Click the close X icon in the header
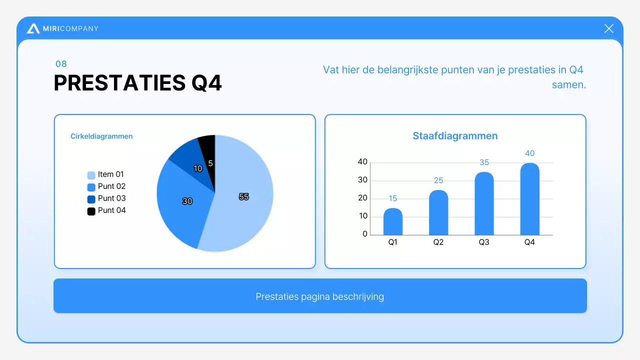(x=608, y=28)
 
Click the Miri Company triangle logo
(x=33, y=29)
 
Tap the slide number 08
(x=61, y=64)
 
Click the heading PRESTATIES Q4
(x=137, y=83)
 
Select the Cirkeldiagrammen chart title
(x=101, y=136)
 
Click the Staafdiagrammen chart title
(x=455, y=136)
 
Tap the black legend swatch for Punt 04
(x=91, y=211)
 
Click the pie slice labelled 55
(x=245, y=200)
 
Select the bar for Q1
(x=393, y=222)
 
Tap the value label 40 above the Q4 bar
(x=529, y=153)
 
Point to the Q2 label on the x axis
(x=438, y=242)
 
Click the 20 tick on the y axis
(x=362, y=198)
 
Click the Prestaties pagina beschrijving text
(x=320, y=296)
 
